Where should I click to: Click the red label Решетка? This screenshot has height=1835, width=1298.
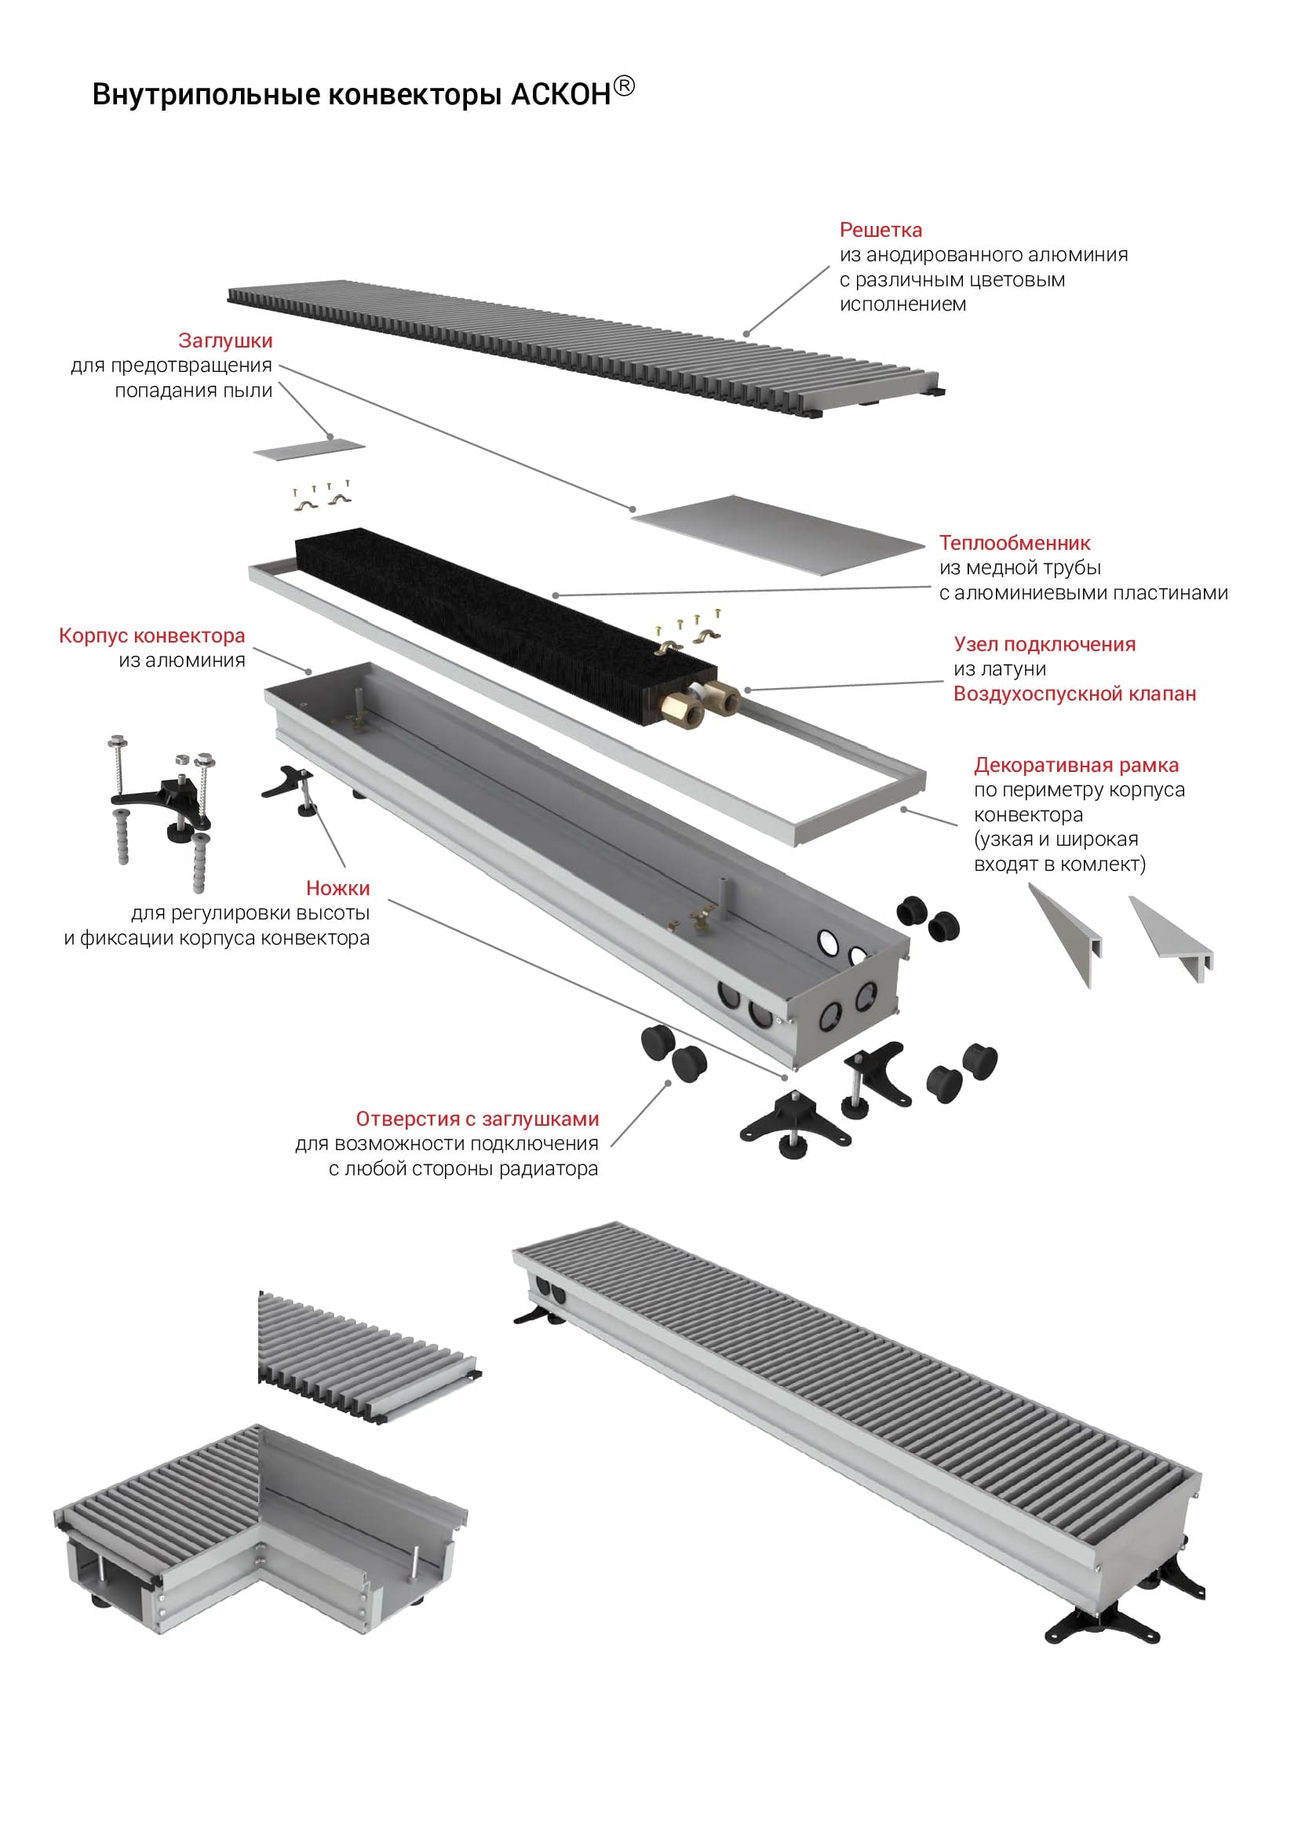(880, 230)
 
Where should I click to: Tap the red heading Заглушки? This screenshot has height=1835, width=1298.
(225, 340)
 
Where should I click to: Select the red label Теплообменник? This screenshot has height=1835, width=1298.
(1014, 543)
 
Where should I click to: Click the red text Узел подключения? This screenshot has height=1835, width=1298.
(1044, 644)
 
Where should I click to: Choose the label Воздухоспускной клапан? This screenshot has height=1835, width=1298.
(1074, 694)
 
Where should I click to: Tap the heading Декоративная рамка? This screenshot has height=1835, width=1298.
(1076, 765)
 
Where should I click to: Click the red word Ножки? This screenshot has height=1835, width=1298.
(337, 888)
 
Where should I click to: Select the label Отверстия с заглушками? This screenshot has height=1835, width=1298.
(477, 1119)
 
